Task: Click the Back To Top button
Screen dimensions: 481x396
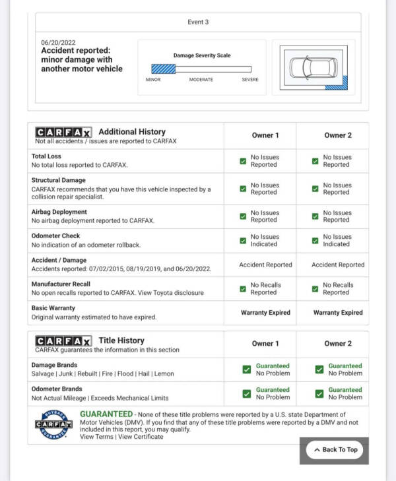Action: (x=335, y=449)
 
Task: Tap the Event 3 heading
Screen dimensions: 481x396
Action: (x=198, y=22)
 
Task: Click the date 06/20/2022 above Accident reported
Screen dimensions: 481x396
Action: (x=58, y=42)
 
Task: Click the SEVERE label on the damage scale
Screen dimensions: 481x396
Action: (x=250, y=80)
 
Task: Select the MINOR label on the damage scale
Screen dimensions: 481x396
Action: (x=153, y=80)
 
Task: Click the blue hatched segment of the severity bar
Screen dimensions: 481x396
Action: (x=163, y=69)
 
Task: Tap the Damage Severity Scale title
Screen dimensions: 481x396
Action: (x=202, y=55)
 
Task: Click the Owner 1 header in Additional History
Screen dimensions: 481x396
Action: (x=265, y=135)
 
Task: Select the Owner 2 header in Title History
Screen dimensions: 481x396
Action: (x=338, y=343)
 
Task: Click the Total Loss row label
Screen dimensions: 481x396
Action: (x=46, y=156)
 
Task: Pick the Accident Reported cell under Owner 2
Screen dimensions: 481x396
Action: (x=338, y=265)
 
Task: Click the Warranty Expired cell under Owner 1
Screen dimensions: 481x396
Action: (x=265, y=312)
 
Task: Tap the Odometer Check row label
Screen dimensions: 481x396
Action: (x=55, y=236)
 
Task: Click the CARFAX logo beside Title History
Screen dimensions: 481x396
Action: (x=63, y=340)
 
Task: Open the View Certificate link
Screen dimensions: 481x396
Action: (x=141, y=437)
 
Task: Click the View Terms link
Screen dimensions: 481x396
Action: (x=96, y=437)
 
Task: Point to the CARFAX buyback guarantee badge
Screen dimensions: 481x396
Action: (x=53, y=425)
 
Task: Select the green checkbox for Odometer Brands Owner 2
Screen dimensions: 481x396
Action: (x=319, y=394)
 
